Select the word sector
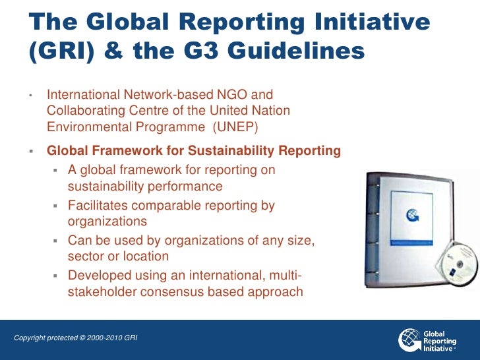point(86,256)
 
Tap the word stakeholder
point(101,291)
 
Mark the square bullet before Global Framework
point(31,151)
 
